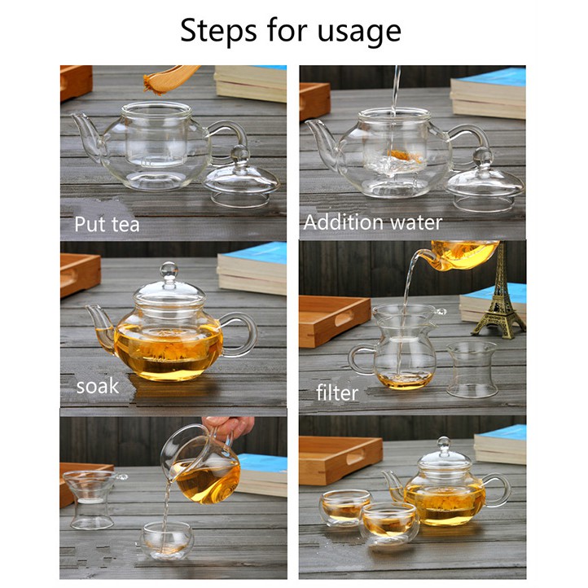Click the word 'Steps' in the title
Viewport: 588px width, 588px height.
218,30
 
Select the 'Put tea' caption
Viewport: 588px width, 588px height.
107,225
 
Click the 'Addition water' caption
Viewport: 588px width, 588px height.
373,222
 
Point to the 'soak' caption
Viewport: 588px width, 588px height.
98,386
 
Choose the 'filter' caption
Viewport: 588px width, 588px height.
337,393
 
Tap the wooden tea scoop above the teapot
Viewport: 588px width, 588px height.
171,80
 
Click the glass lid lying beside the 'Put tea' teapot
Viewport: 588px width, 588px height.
242,177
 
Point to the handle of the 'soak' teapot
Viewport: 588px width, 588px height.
243,333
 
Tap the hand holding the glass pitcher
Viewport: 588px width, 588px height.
229,428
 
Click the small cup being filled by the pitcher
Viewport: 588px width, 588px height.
167,541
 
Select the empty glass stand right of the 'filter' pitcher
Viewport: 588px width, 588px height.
472,370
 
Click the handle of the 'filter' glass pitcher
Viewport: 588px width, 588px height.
358,359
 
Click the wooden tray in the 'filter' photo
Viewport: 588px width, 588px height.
335,321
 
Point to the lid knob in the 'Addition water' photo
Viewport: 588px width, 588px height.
483,156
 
